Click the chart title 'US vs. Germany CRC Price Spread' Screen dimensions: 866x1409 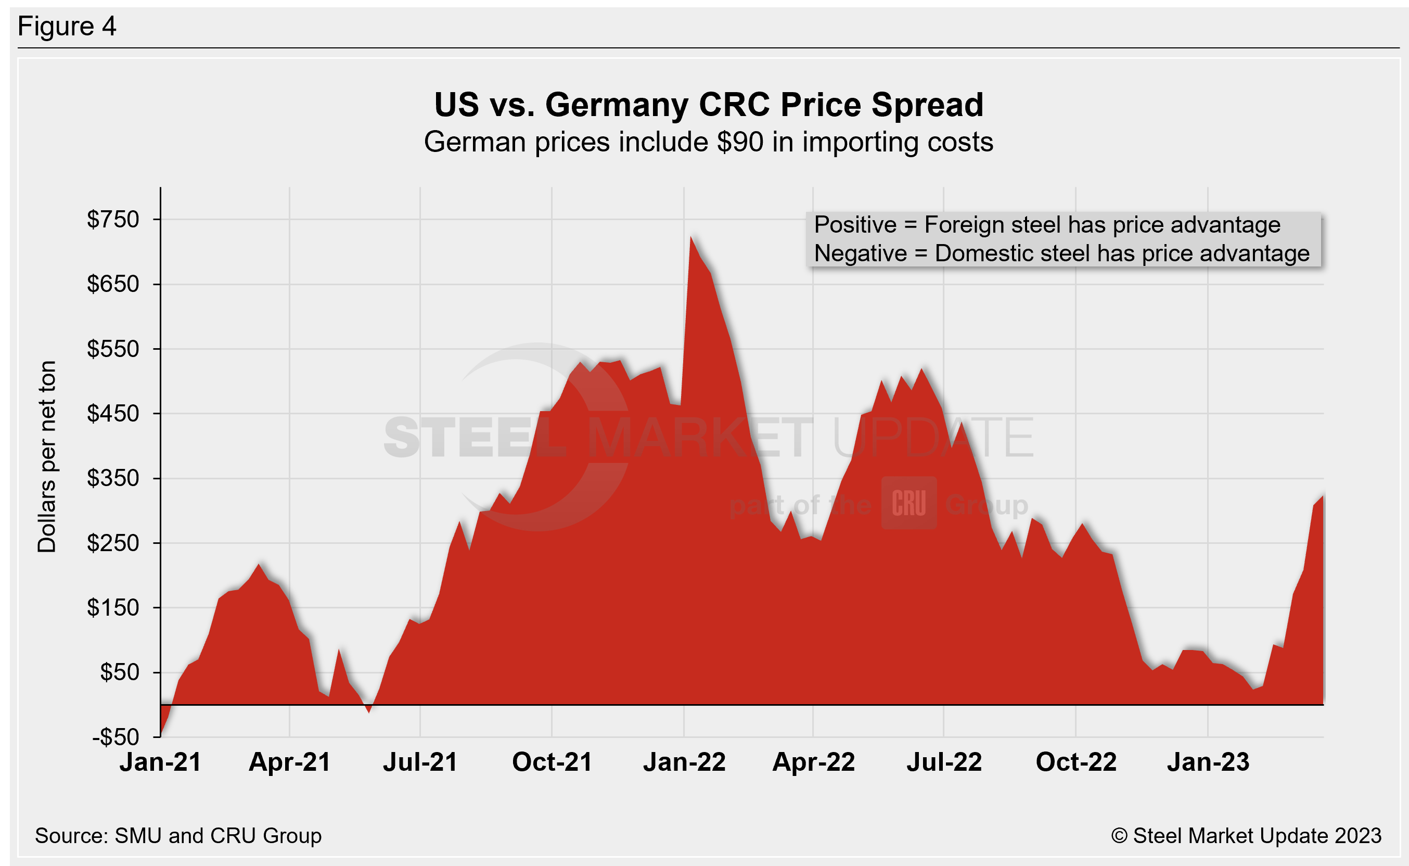[x=708, y=105]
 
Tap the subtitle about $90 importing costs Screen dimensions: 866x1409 [x=708, y=142]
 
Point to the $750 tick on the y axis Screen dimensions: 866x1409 [x=113, y=220]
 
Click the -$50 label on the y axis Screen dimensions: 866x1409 [x=115, y=736]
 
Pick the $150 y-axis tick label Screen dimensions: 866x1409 [x=113, y=607]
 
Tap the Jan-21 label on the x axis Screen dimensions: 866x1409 [x=160, y=762]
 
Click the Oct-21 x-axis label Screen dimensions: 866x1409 [x=552, y=762]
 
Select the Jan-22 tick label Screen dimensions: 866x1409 [x=684, y=762]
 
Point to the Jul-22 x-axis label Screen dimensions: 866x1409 [x=944, y=762]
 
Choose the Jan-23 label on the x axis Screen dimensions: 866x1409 [x=1208, y=762]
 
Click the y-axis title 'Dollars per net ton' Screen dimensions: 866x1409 [x=47, y=456]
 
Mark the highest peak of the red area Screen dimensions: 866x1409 [x=691, y=237]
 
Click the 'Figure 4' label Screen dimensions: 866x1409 [x=67, y=27]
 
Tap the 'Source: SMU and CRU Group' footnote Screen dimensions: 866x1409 [x=178, y=836]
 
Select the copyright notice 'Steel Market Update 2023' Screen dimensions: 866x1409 [x=1246, y=836]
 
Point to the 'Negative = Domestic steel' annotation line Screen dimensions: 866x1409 [x=1061, y=253]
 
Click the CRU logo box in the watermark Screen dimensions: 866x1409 [x=908, y=503]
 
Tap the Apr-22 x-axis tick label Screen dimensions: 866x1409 [x=814, y=762]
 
